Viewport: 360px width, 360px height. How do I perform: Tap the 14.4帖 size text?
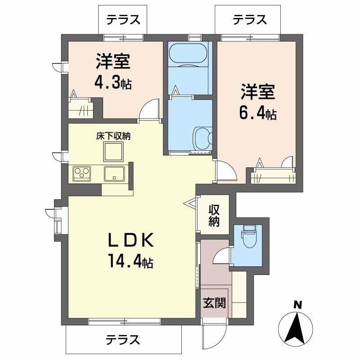pyautogui.click(x=130, y=261)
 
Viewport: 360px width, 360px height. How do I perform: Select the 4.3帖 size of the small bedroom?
pyautogui.click(x=112, y=83)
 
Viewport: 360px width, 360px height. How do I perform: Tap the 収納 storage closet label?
pyautogui.click(x=213, y=216)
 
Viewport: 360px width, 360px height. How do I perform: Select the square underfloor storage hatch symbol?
pyautogui.click(x=113, y=152)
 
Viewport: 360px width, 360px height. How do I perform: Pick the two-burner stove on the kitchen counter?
pyautogui.click(x=82, y=172)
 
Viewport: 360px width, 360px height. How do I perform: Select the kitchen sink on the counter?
pyautogui.click(x=114, y=172)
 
